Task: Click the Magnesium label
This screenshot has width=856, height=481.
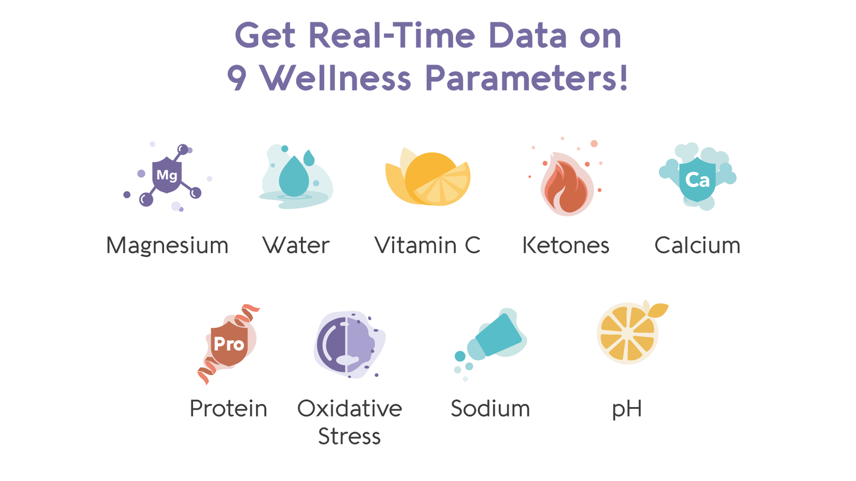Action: point(167,245)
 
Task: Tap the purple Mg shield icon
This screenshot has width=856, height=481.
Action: point(166,175)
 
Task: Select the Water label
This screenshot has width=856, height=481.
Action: point(296,245)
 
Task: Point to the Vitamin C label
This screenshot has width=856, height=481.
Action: point(427,245)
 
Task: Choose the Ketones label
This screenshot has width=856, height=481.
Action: point(566,245)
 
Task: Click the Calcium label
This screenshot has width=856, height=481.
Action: point(697,245)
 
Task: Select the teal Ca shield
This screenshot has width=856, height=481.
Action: point(697,179)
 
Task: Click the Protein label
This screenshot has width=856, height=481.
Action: point(228,408)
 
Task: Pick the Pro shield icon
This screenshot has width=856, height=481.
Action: point(229,344)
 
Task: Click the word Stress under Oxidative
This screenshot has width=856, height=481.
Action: point(349,436)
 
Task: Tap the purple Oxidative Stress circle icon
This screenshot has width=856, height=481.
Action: point(346,344)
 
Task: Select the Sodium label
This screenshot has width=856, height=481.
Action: point(490,408)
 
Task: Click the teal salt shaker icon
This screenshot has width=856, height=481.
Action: point(499,335)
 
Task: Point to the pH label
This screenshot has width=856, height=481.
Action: point(627,409)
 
